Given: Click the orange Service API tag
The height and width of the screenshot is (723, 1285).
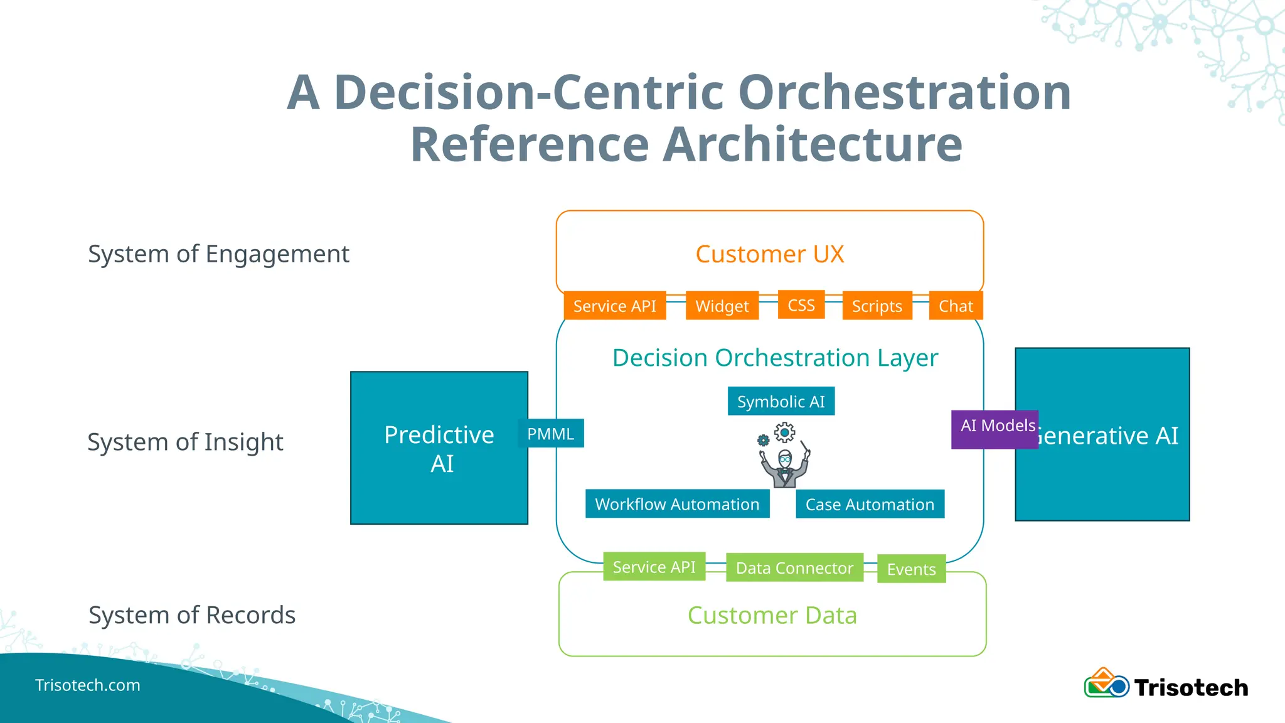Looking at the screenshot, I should (614, 306).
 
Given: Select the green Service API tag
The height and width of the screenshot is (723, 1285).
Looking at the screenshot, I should (654, 567).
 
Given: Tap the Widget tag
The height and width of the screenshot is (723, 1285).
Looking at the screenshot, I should (722, 306).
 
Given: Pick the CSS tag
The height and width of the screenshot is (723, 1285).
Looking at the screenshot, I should (801, 305).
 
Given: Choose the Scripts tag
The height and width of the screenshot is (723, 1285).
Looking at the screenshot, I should (877, 306).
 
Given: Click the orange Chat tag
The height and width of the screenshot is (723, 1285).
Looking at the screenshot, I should (955, 306).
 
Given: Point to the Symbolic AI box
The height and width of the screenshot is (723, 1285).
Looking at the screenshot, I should (781, 401).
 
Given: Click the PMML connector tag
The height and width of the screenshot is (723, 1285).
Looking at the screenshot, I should (550, 434).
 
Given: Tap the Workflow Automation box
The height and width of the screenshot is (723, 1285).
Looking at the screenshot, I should (677, 504).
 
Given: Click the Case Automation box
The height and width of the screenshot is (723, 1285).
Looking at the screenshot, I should (870, 504).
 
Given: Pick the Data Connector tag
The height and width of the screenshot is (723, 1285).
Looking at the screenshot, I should (794, 567).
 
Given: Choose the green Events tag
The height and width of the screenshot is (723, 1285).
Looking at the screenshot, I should (911, 569).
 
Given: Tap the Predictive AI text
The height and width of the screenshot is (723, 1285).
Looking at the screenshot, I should (439, 449).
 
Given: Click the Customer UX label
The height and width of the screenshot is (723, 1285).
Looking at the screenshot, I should (769, 254).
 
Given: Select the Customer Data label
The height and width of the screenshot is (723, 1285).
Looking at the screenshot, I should (772, 615).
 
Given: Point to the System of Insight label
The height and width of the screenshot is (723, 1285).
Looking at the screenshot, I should (185, 442).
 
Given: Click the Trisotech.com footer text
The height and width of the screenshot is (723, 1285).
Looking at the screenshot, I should (88, 685).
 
